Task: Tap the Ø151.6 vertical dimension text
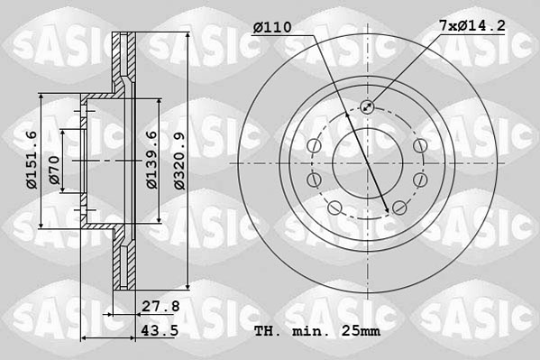31,160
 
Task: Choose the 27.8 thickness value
162,306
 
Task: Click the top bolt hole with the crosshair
368,107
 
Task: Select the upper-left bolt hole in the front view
314,147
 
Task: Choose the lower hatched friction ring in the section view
125,262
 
